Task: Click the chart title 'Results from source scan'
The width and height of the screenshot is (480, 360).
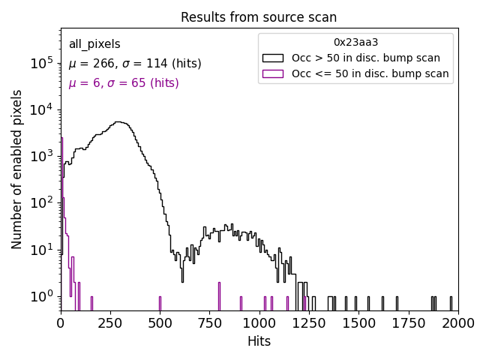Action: pyautogui.click(x=259, y=17)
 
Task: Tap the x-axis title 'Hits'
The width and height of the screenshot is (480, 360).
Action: pyautogui.click(x=259, y=341)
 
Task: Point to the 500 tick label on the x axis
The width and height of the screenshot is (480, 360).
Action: pyautogui.click(x=160, y=322)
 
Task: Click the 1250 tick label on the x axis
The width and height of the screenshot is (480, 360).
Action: pyautogui.click(x=309, y=322)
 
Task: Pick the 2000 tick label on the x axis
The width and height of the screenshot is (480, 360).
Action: pyautogui.click(x=457, y=322)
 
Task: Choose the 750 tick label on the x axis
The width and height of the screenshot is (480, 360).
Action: pyautogui.click(x=210, y=322)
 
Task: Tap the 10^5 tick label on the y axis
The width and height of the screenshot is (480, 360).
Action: pyautogui.click(x=42, y=64)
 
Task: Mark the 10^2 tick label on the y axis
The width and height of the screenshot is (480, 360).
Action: pyautogui.click(x=42, y=204)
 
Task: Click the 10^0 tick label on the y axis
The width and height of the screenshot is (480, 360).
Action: pyautogui.click(x=42, y=297)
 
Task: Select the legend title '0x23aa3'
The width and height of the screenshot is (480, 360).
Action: pyautogui.click(x=355, y=42)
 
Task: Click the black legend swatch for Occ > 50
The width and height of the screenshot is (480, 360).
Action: pyautogui.click(x=273, y=58)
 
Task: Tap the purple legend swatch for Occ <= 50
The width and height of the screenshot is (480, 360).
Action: pyautogui.click(x=273, y=73)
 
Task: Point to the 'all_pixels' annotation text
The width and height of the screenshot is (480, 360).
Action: pyautogui.click(x=94, y=44)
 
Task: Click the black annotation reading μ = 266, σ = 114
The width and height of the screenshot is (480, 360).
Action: pyautogui.click(x=135, y=64)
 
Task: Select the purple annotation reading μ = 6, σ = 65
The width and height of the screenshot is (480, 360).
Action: pyautogui.click(x=124, y=83)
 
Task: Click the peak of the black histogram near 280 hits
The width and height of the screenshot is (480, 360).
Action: pyautogui.click(x=118, y=122)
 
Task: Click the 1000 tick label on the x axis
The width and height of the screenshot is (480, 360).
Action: pyautogui.click(x=259, y=322)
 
